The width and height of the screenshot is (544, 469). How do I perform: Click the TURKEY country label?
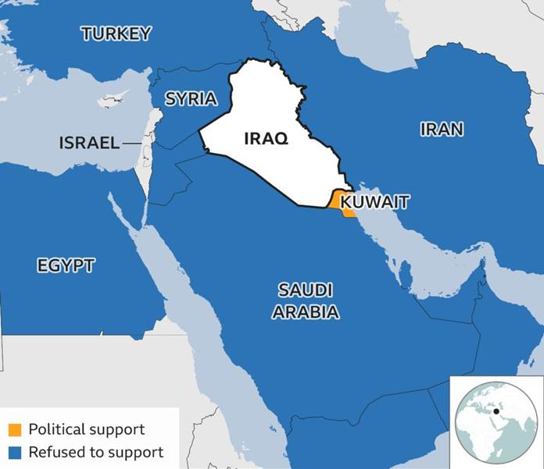click(116, 34)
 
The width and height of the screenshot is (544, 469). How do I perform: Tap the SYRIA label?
click(191, 98)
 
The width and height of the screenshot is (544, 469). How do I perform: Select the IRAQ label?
click(266, 139)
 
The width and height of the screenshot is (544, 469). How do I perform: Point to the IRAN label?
click(442, 130)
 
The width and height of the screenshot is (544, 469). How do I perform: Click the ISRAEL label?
click(89, 143)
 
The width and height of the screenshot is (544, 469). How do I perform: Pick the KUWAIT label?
click(375, 202)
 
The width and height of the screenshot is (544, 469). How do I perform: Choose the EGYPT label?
click(66, 265)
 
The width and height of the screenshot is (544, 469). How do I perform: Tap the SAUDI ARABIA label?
click(306, 301)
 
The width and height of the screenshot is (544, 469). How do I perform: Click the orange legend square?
click(15, 430)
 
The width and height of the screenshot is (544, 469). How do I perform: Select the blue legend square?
click(15, 452)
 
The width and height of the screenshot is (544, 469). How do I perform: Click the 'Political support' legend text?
click(86, 429)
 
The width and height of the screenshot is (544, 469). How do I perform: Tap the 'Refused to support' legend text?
click(95, 452)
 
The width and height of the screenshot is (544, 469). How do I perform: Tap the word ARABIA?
click(306, 313)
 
